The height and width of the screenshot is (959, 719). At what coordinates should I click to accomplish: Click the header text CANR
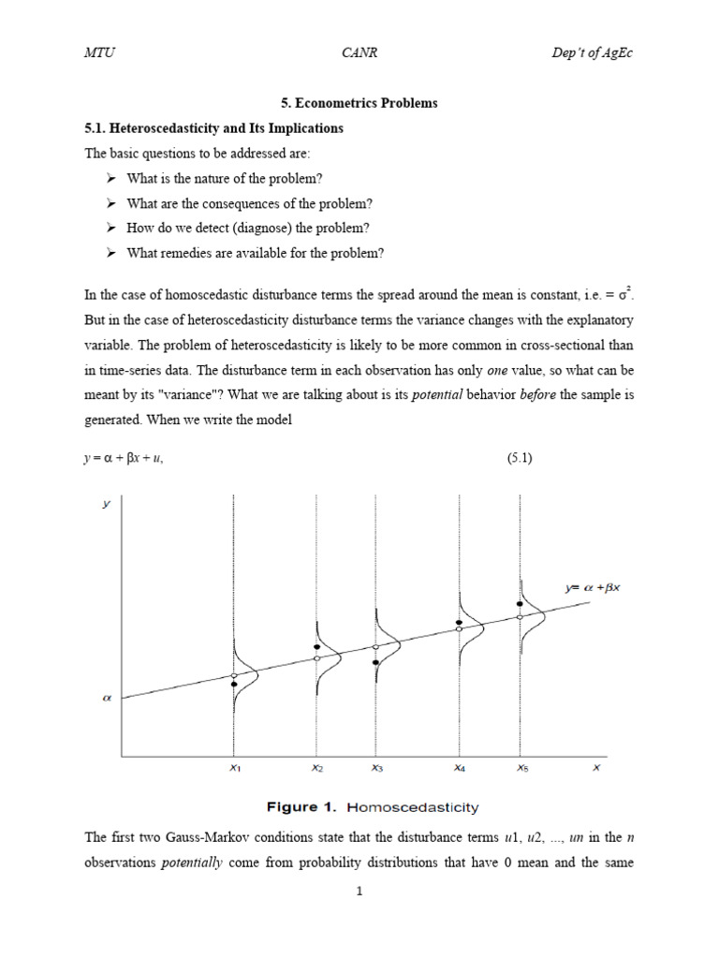360,53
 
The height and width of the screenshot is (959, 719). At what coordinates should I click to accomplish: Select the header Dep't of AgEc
592,53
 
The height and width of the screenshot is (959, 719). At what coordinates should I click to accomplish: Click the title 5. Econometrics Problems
359,103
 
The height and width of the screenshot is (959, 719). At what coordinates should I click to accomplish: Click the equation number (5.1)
520,459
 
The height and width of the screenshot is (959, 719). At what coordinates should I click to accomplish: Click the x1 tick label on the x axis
235,768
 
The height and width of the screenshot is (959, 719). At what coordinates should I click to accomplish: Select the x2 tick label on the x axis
317,768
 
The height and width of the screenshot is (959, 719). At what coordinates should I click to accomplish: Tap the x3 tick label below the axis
376,768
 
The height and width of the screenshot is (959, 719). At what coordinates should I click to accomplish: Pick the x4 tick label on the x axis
459,768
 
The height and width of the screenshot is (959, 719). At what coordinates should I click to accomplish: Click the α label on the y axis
107,697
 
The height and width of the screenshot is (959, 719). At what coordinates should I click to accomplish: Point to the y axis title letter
107,504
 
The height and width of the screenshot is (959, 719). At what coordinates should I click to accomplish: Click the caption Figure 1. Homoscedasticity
359,806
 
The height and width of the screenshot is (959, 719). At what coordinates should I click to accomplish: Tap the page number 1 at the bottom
359,892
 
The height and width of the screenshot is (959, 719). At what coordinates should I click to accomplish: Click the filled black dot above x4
459,622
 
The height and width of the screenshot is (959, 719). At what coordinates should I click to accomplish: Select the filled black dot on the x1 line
234,685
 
